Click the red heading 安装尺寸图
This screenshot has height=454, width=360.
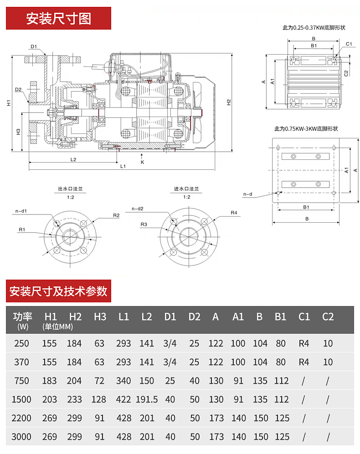click(58, 19)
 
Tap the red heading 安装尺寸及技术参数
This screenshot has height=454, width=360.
click(58, 291)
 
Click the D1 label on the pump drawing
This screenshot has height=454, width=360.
click(34, 46)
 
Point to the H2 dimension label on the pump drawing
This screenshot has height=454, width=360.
click(229, 102)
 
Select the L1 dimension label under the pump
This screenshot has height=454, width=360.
click(123, 166)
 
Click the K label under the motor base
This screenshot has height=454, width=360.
click(142, 162)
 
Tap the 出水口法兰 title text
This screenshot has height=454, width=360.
click(71, 189)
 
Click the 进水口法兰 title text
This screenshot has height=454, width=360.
click(186, 189)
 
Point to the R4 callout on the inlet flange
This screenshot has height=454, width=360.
click(234, 213)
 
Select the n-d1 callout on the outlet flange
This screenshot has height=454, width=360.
click(21, 211)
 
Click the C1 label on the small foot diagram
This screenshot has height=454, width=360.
click(349, 44)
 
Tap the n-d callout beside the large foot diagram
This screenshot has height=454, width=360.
click(248, 194)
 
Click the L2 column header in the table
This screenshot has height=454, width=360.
click(147, 317)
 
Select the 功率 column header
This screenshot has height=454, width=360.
click(23, 317)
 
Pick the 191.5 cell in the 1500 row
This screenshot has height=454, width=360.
click(147, 399)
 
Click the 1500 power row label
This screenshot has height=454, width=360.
click(21, 399)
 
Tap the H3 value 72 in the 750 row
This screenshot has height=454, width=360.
click(99, 381)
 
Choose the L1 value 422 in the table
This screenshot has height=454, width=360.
click(123, 399)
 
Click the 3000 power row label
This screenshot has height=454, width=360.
click(21, 437)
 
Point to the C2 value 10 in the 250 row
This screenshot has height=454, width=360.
click(328, 343)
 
